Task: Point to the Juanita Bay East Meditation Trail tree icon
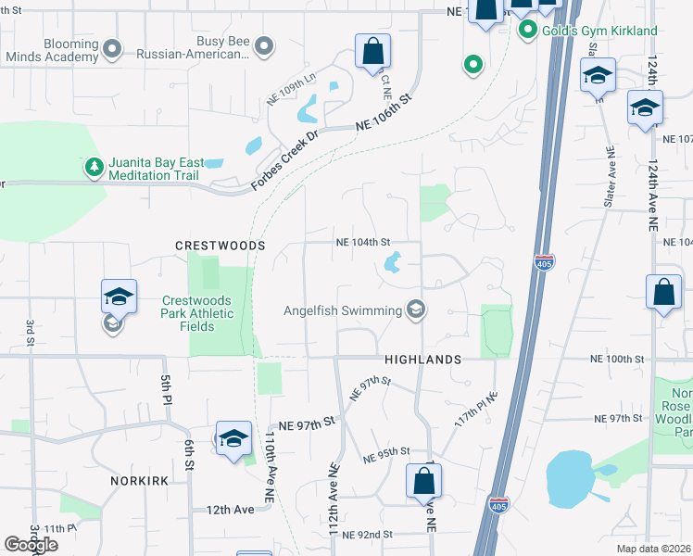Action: click(x=93, y=167)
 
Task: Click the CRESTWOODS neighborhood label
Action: click(x=220, y=246)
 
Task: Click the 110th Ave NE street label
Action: click(x=269, y=467)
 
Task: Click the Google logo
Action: click(x=31, y=545)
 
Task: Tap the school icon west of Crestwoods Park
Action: click(x=119, y=297)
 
